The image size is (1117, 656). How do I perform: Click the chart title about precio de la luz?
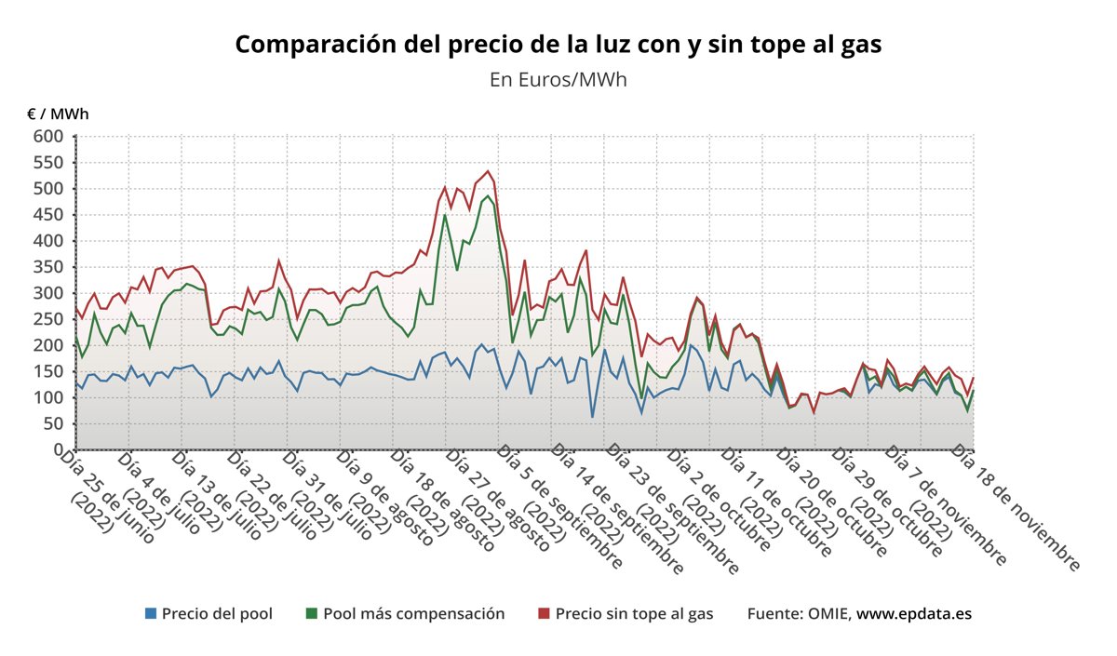point(558,44)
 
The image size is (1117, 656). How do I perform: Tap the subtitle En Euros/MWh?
point(558,79)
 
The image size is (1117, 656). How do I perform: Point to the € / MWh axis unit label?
point(58,114)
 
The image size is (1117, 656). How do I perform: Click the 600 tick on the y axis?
point(48,137)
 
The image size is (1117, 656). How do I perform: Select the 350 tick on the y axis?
point(48,267)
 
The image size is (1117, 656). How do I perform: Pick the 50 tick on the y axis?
point(53,423)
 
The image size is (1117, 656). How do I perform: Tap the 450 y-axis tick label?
point(48,215)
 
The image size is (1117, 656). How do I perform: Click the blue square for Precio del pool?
point(151,614)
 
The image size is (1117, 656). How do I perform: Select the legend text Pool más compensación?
point(413,614)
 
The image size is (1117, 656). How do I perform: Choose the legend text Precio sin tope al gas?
point(634,614)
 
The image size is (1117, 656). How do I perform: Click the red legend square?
point(545,614)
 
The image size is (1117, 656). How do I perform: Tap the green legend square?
point(312,614)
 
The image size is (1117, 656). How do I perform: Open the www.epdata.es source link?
point(914,614)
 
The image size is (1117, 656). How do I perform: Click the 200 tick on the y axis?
point(48,345)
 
